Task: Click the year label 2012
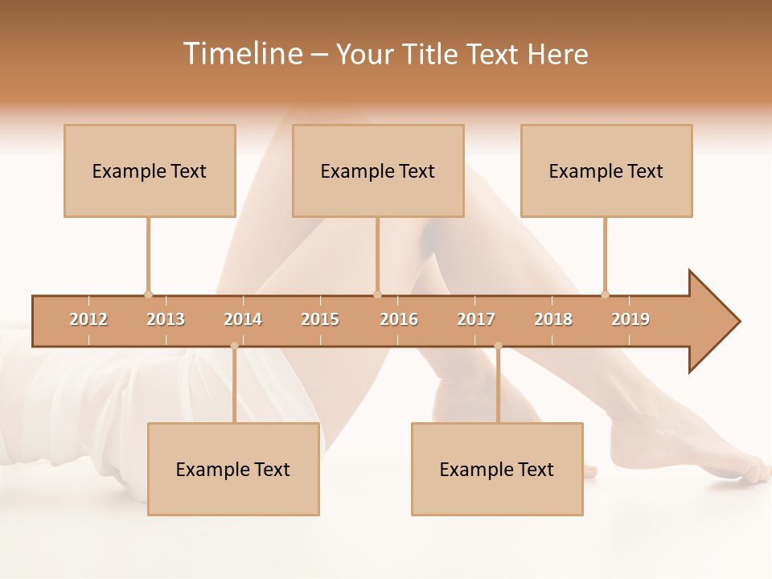tap(88, 319)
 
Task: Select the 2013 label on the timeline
tap(166, 319)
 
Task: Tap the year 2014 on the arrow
tap(243, 319)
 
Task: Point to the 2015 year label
tap(320, 319)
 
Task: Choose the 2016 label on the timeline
tap(399, 319)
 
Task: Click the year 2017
tap(476, 319)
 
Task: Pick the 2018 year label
tap(553, 319)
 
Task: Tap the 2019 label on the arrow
tap(630, 319)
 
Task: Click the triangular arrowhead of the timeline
tap(712, 322)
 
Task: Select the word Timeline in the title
tap(242, 54)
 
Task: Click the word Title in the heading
tap(433, 54)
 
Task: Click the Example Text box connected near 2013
tap(150, 170)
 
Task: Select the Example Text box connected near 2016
tap(378, 170)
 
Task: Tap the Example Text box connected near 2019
tap(606, 170)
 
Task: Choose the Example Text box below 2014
tap(233, 469)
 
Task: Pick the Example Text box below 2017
tap(497, 469)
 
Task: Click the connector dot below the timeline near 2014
tap(234, 346)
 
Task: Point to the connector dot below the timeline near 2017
tap(498, 346)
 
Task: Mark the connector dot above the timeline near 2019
tap(605, 294)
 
